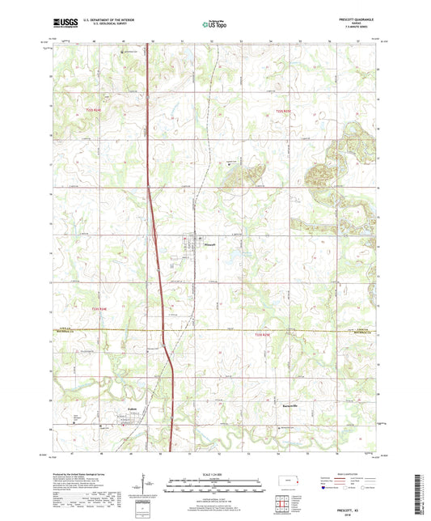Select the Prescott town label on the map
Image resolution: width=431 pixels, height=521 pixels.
(x=206, y=242)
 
